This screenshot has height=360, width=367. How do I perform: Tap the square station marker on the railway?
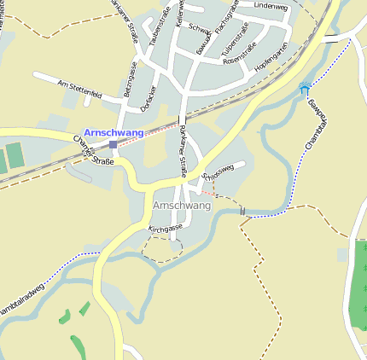click(x=113, y=145)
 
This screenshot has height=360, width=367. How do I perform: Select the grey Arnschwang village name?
click(x=181, y=206)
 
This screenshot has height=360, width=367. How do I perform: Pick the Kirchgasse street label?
click(x=166, y=229)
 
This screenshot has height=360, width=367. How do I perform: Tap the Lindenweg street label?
click(x=271, y=6)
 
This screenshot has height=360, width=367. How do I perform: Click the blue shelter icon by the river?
click(x=305, y=88)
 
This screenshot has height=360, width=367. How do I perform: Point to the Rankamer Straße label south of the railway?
click(x=183, y=147)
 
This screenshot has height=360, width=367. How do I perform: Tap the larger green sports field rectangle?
click(x=16, y=155)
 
